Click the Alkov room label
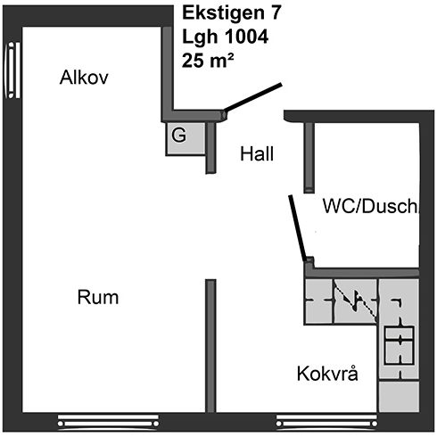tap(84, 78)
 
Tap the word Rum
tap(98, 297)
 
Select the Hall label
tap(257, 154)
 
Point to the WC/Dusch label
tap(370, 206)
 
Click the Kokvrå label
tap(327, 373)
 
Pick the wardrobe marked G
tap(186, 138)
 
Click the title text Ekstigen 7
tap(232, 13)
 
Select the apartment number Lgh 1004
tap(225, 37)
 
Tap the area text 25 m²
tap(208, 61)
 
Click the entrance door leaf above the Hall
tap(252, 97)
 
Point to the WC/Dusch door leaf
tap(298, 227)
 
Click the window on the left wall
tap(12, 70)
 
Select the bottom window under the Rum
tap(108, 423)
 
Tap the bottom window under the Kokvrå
tap(326, 423)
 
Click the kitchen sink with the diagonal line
tap(356, 301)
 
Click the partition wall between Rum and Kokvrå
tap(210, 346)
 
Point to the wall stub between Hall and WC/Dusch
tap(309, 158)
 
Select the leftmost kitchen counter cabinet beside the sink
tap(318, 301)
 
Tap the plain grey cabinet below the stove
tap(399, 396)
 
